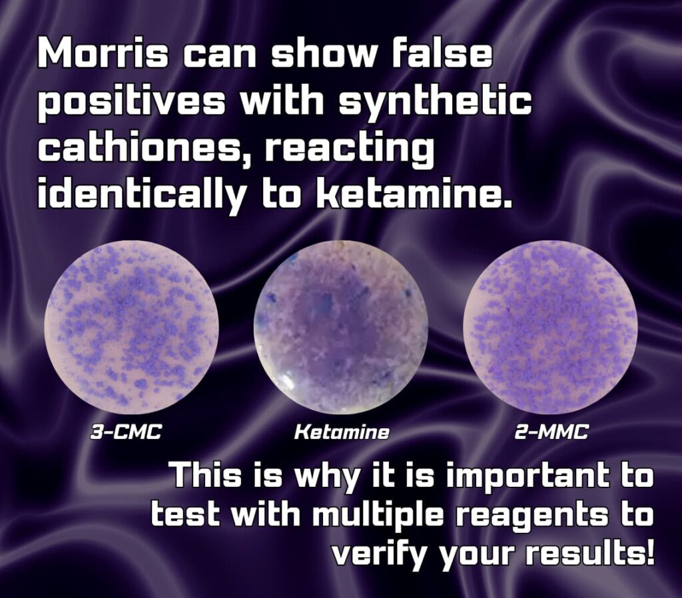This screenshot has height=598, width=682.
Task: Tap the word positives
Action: click(x=131, y=103)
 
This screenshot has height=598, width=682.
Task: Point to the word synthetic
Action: click(x=435, y=102)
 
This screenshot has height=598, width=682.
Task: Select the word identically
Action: click(x=141, y=194)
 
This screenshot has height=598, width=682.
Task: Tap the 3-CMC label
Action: click(x=126, y=432)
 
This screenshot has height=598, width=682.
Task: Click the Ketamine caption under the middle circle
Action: click(x=342, y=432)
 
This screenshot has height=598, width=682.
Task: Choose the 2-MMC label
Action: click(x=551, y=432)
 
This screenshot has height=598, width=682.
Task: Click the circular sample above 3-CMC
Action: click(x=131, y=327)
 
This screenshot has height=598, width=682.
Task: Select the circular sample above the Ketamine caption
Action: click(x=341, y=328)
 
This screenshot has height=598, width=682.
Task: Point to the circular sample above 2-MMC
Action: click(x=550, y=327)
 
